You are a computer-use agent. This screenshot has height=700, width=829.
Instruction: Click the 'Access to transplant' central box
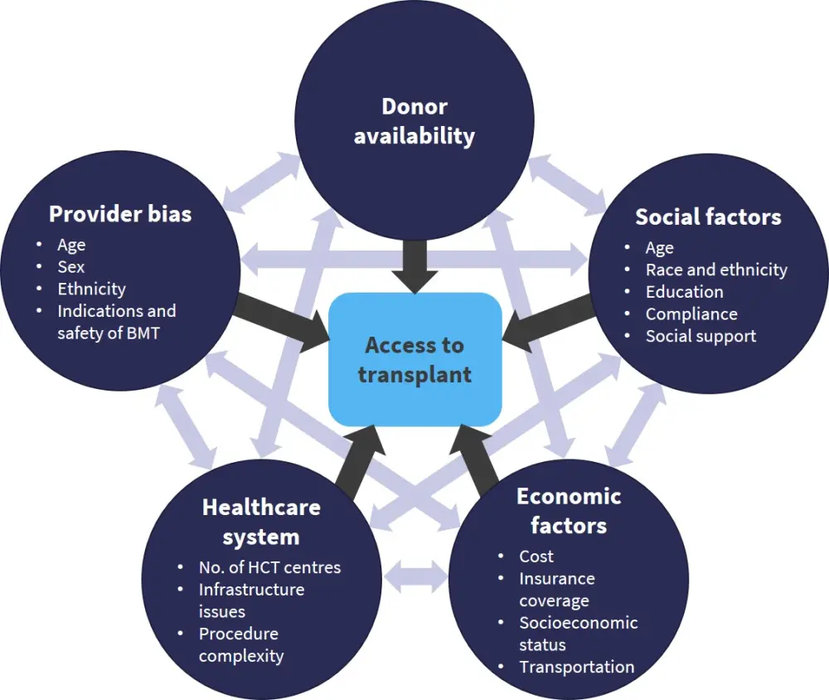click(414, 359)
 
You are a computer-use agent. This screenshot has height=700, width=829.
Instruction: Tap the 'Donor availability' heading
click(414, 121)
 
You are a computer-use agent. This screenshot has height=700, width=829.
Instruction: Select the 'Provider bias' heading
click(120, 214)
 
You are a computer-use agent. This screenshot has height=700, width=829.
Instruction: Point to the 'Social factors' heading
click(708, 217)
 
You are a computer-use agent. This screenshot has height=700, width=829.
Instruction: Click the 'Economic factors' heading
click(569, 511)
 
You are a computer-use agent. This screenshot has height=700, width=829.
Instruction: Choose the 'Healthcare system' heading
click(261, 522)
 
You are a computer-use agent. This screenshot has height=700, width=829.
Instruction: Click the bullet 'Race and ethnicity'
click(716, 270)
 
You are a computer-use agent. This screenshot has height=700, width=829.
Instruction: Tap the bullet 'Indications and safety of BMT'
click(116, 322)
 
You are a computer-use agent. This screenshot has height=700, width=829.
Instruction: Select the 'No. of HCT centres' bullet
click(269, 567)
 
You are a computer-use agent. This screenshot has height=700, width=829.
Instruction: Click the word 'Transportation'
click(576, 667)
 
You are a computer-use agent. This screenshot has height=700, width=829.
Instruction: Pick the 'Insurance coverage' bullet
click(556, 589)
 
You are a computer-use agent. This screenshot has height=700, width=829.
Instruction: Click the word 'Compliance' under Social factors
click(691, 314)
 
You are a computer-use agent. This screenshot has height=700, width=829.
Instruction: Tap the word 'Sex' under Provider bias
click(71, 267)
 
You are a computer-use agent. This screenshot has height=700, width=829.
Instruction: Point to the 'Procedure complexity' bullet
click(240, 644)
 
